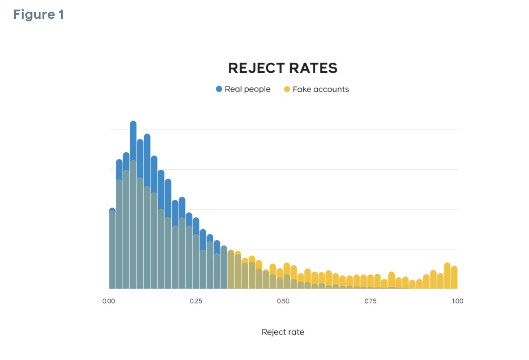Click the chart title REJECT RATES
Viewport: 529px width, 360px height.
pyautogui.click(x=283, y=68)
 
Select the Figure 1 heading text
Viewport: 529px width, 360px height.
pyautogui.click(x=39, y=15)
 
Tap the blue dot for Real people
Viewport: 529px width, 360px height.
pyautogui.click(x=219, y=89)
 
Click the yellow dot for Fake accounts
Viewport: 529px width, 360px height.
pyautogui.click(x=287, y=89)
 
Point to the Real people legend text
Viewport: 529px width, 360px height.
pyautogui.click(x=247, y=89)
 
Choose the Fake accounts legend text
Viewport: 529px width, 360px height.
pyautogui.click(x=321, y=89)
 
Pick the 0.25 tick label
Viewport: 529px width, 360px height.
pyautogui.click(x=196, y=301)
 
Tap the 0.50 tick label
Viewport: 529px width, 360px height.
pyautogui.click(x=283, y=301)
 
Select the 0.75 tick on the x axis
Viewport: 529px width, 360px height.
pyautogui.click(x=370, y=301)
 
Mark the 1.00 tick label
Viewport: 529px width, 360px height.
pyautogui.click(x=457, y=301)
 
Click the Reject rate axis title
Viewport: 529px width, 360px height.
pyautogui.click(x=283, y=332)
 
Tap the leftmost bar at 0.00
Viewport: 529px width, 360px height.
pyautogui.click(x=112, y=248)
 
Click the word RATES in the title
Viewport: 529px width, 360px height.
pyautogui.click(x=314, y=68)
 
